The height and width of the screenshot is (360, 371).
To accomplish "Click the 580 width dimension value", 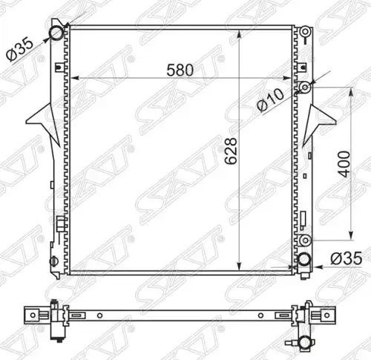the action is pyautogui.click(x=180, y=70).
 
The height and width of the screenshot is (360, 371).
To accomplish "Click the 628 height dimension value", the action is pyautogui.click(x=231, y=151).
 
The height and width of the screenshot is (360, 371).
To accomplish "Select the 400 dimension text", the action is pyautogui.click(x=344, y=164).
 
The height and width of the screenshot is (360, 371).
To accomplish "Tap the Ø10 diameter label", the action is pyautogui.click(x=270, y=100).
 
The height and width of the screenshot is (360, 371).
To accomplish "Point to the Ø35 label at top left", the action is pyautogui.click(x=20, y=49).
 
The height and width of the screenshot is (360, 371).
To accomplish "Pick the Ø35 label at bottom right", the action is pyautogui.click(x=347, y=258).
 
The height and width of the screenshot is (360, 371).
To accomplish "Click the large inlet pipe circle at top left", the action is pyautogui.click(x=56, y=33).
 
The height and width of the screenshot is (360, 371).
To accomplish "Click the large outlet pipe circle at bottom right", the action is pyautogui.click(x=303, y=260).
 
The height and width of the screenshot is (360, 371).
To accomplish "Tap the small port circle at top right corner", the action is pyautogui.click(x=306, y=32).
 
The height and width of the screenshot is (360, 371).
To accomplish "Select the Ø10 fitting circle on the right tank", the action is pyautogui.click(x=305, y=87).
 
